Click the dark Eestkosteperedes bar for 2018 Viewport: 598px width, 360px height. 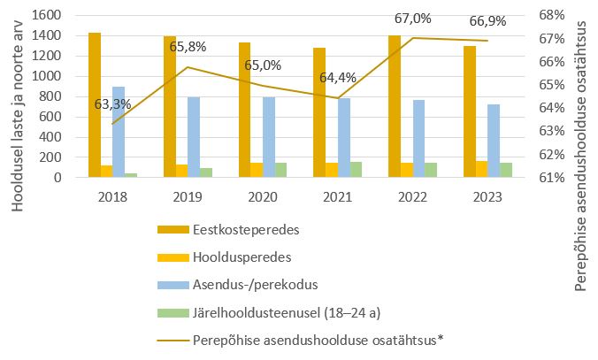coord(95,106)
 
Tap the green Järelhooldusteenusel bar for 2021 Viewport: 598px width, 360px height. coord(355,169)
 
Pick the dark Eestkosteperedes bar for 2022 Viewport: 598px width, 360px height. coord(395,106)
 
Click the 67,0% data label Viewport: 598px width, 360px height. coord(395,19)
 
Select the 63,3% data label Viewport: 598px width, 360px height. coord(112,104)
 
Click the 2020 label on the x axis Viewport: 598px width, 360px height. coord(256,196)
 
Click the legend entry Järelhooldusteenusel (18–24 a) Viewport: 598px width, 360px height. coord(281,312)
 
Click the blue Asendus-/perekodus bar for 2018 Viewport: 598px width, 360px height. coord(119,132)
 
